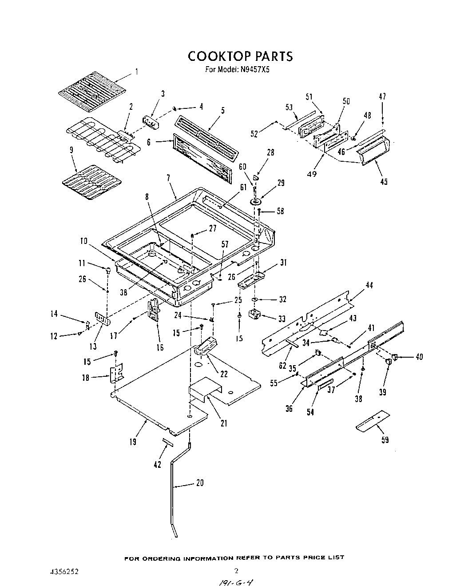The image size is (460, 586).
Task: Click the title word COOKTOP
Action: [x=219, y=56]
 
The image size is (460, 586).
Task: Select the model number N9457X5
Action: [x=253, y=70]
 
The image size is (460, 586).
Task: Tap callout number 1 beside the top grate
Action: [x=137, y=72]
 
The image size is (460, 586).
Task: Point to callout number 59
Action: [x=385, y=440]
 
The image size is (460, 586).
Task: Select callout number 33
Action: [x=282, y=319]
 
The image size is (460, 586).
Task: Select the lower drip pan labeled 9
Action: [x=91, y=182]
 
